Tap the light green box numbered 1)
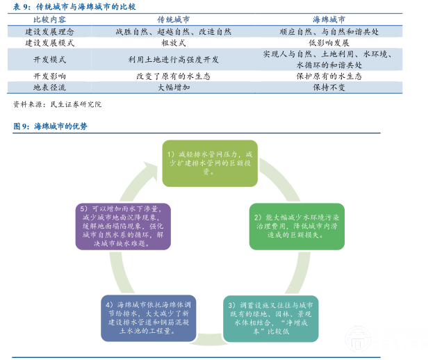tap(210, 163)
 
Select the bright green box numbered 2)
tap(297, 226)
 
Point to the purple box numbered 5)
tap(120, 226)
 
